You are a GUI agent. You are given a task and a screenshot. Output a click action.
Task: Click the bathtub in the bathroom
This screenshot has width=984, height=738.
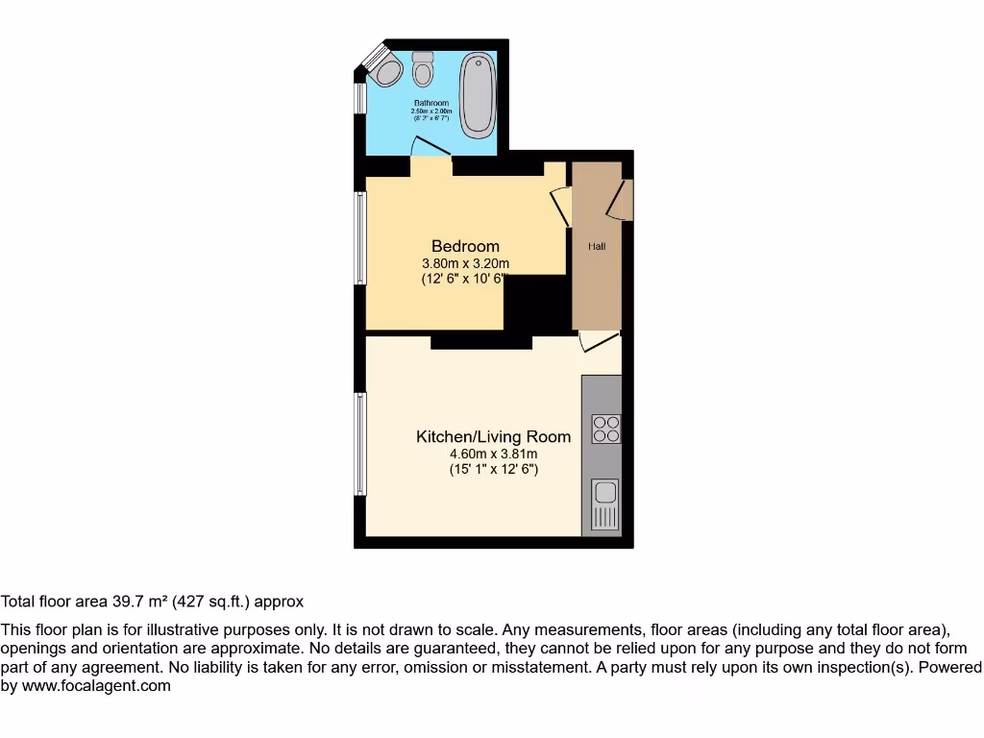pos(475,95)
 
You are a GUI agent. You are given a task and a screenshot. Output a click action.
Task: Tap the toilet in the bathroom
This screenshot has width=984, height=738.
pos(423,68)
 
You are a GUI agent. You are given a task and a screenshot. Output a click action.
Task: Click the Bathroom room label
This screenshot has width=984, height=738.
pos(431,103)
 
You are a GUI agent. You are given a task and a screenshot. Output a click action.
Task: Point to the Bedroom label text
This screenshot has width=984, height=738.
pos(465,246)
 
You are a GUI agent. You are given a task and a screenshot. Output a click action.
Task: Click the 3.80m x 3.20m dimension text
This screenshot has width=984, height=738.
pos(465,263)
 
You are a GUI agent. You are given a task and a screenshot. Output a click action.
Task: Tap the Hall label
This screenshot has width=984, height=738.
pos(597,247)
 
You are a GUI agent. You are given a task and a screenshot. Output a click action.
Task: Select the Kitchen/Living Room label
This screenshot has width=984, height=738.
pos(493,436)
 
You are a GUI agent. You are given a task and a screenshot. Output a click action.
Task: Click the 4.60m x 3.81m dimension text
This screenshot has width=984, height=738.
pos(493,454)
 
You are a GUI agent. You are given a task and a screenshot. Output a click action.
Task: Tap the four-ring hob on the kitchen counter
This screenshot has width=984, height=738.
pos(606,429)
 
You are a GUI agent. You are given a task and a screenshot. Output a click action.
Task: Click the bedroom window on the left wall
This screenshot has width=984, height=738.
pos(360,238)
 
